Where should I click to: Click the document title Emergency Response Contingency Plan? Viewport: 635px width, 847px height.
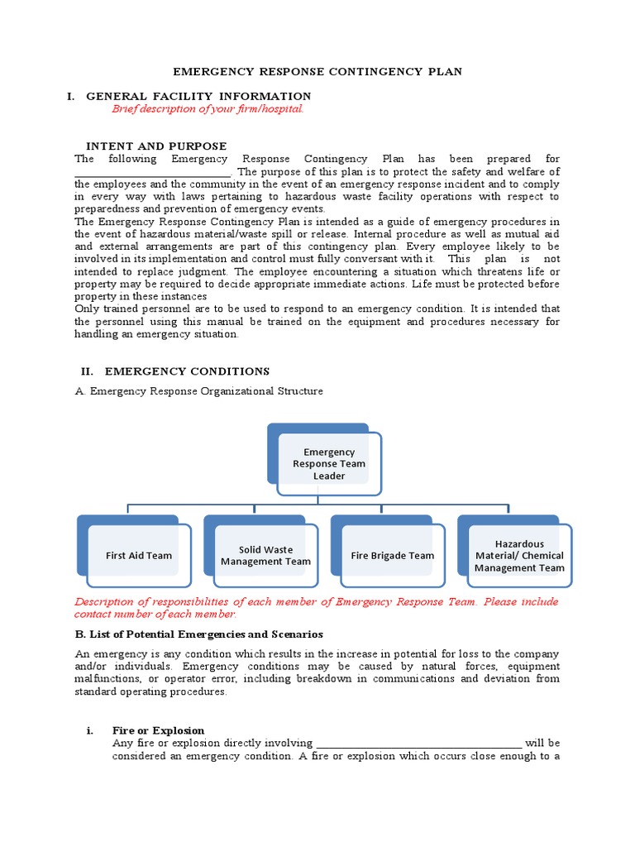[x=317, y=72]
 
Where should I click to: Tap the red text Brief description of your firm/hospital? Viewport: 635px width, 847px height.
[x=208, y=109]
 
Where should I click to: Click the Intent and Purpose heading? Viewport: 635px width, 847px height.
[x=156, y=146]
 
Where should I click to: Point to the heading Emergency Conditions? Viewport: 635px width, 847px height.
[x=187, y=371]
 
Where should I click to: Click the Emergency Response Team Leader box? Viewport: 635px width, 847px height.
[x=328, y=463]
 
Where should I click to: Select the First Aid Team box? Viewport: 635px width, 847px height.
[x=138, y=555]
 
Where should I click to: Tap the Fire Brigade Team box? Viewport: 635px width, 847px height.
[x=392, y=555]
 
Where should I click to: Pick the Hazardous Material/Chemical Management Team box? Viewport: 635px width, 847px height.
[x=519, y=555]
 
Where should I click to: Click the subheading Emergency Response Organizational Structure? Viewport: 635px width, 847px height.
[x=207, y=391]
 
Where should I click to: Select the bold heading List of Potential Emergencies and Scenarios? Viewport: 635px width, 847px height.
[x=198, y=634]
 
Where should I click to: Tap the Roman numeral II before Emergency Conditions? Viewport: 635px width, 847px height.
[x=85, y=371]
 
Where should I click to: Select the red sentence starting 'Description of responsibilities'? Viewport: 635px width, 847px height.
[x=316, y=608]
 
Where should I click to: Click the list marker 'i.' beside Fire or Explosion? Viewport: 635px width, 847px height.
[x=91, y=730]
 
